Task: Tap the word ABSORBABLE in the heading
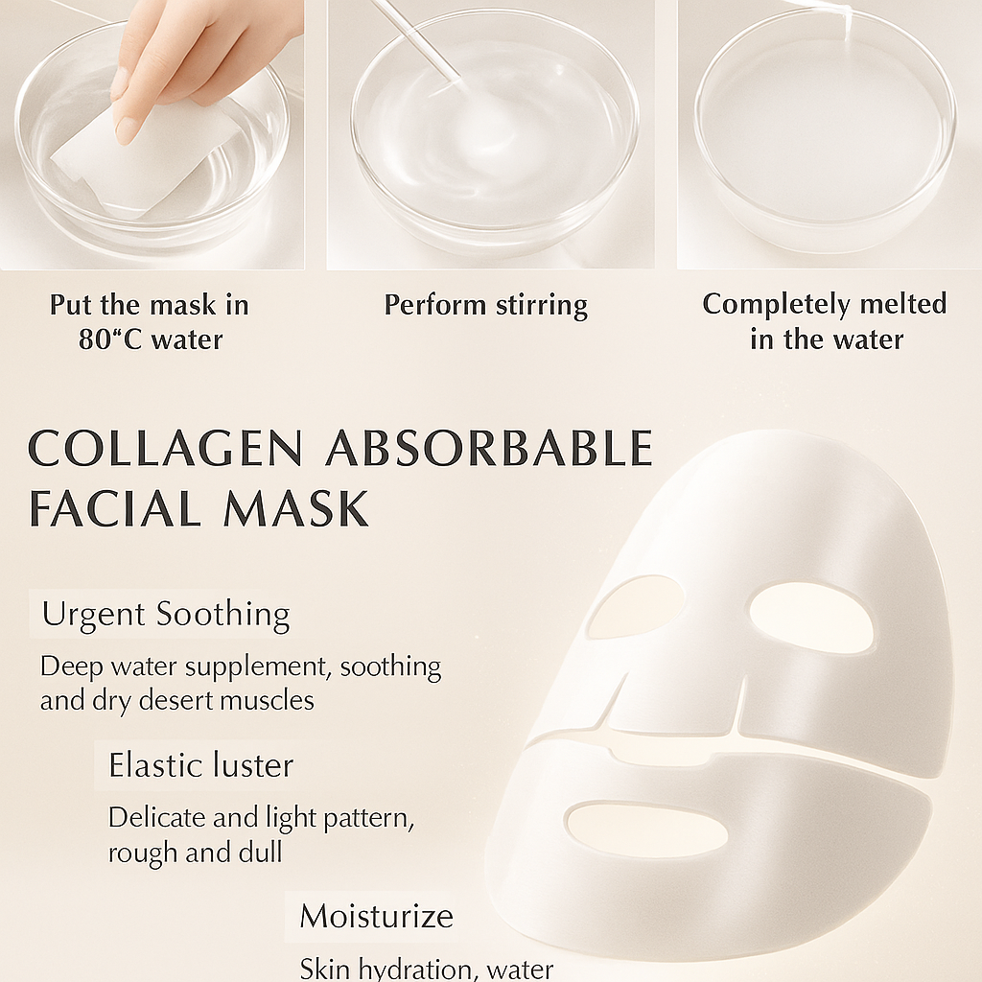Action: [x=489, y=450]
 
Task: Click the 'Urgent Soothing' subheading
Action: [x=166, y=615]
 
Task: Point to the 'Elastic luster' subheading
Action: [x=200, y=765]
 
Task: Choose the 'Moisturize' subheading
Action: [x=376, y=916]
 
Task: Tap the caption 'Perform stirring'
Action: [x=485, y=306]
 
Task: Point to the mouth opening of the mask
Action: [x=647, y=830]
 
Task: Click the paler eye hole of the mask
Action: [x=810, y=618]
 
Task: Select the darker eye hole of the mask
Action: [x=636, y=607]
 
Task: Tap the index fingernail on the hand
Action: [x=126, y=129]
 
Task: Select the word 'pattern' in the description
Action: [x=368, y=818]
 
